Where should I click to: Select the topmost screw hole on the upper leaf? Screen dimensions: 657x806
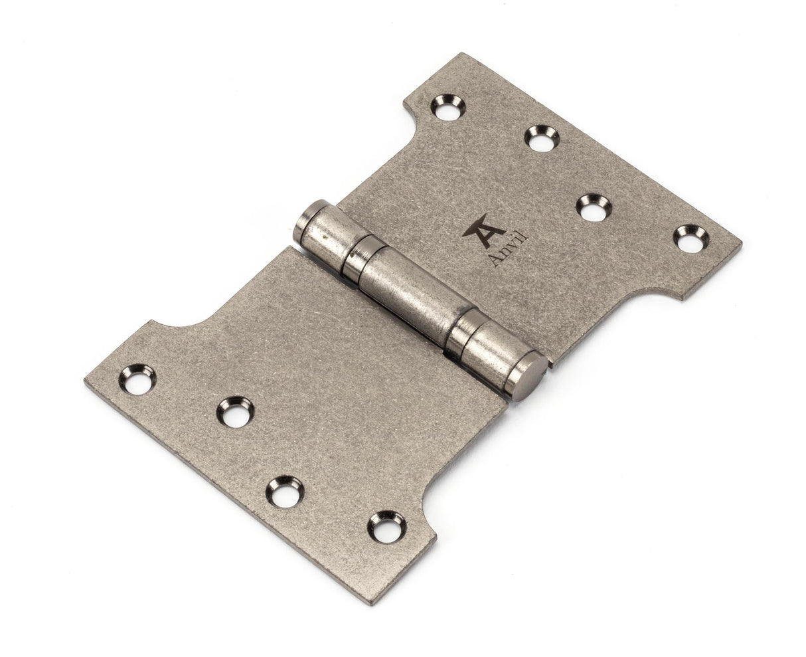(x=449, y=108)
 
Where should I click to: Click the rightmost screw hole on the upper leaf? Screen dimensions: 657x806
(x=691, y=238)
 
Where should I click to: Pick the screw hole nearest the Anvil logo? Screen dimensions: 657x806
(x=593, y=207)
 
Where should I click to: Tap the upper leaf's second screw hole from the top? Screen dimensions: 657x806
(x=542, y=138)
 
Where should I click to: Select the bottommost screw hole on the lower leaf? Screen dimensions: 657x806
(x=386, y=527)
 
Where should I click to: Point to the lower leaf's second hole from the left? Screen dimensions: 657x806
(x=235, y=412)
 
